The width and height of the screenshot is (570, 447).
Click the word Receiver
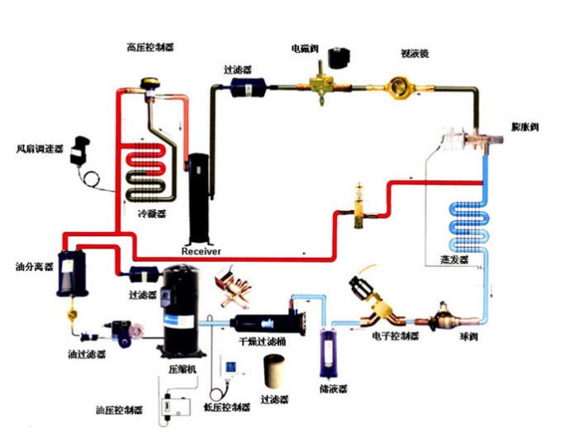(201, 250)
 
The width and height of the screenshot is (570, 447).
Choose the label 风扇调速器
(40, 150)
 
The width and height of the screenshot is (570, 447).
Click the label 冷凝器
(151, 212)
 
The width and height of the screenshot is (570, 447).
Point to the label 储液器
(331, 387)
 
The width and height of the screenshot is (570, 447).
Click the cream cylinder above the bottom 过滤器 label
(277, 373)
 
